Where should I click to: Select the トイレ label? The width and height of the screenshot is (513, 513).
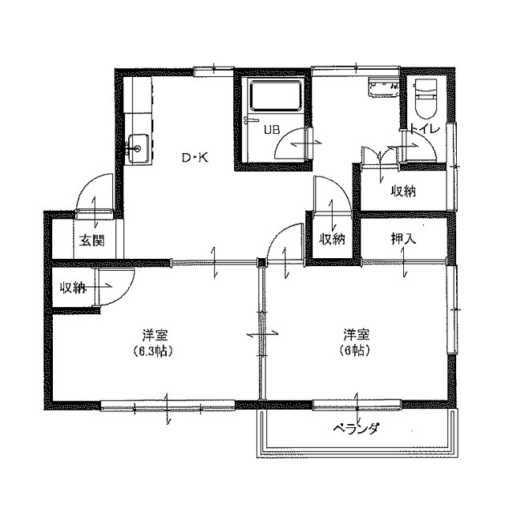422,129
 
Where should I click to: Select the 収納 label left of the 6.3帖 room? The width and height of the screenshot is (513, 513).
73,288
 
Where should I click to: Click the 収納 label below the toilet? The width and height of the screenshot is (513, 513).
403,191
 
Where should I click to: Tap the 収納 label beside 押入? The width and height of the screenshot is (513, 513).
333,238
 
